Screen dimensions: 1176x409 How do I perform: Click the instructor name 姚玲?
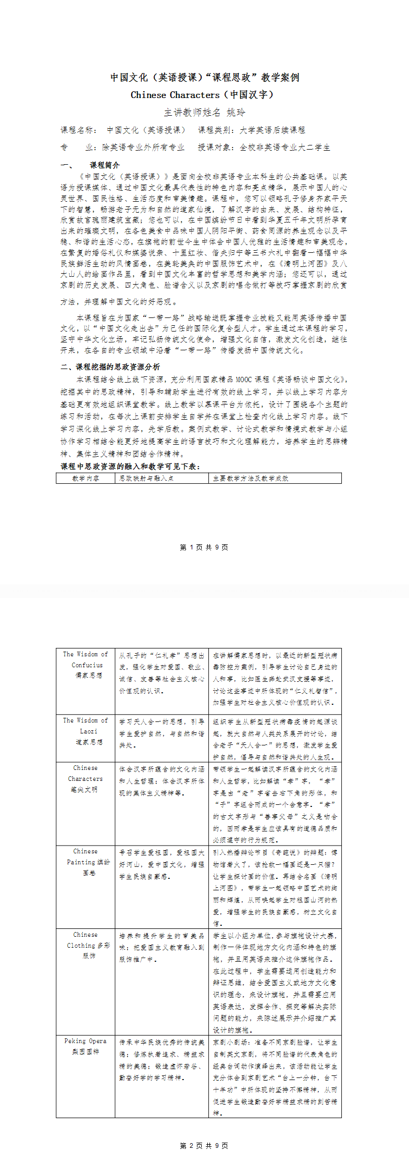coord(236,113)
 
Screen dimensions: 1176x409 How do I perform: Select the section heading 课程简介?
coord(104,165)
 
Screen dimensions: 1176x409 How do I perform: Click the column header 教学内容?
coord(85,478)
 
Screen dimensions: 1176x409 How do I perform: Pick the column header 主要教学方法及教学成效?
coord(250,478)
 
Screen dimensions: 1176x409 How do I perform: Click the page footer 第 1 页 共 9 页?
coord(204,547)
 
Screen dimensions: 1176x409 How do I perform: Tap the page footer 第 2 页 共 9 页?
coord(204,1146)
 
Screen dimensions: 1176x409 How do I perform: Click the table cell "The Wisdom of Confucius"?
coord(86,660)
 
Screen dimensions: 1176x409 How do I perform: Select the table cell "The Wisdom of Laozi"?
coord(86,726)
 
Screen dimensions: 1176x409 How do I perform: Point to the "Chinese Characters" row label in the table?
coord(85,774)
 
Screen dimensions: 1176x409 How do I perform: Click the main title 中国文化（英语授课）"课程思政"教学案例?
coord(205,78)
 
